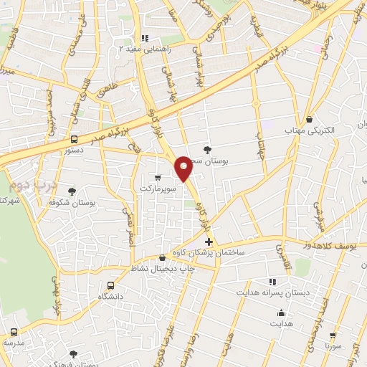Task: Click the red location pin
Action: [x=183, y=168]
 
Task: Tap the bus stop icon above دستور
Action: [x=75, y=139]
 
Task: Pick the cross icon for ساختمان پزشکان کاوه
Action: [x=208, y=243]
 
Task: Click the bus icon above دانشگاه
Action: [x=110, y=285]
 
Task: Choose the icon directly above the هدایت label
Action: [x=282, y=313]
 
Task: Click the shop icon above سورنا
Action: [x=331, y=334]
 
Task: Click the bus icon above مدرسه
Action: [x=15, y=332]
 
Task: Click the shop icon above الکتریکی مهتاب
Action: [x=310, y=119]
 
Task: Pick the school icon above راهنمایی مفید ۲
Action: [x=145, y=39]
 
